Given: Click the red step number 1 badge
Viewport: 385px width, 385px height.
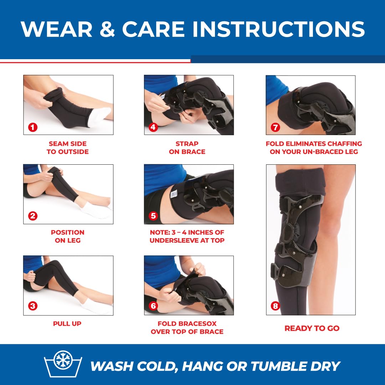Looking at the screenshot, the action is [33, 127].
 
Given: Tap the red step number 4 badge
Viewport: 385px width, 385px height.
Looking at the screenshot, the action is [153, 127].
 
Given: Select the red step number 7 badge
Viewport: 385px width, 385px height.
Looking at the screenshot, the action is [275, 127].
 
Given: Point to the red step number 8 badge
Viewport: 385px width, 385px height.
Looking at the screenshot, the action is [275, 306].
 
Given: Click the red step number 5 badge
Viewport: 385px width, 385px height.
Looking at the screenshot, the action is [153, 216].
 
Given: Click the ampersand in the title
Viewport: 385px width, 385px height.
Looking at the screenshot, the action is [107, 29].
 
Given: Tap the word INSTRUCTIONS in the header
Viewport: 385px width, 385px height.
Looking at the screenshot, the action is [279, 29].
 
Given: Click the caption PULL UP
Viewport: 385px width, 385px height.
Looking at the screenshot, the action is [67, 324].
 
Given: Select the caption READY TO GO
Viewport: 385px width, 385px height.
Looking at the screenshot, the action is [312, 328].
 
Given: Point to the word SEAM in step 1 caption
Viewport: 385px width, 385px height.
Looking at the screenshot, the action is [57, 144].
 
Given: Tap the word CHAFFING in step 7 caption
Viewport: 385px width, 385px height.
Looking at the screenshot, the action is [345, 144].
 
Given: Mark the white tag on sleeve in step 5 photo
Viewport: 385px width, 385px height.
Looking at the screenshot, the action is [174, 194].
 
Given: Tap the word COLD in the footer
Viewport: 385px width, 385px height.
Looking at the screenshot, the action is [157, 366].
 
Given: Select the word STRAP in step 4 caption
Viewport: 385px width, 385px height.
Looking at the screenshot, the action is [187, 144].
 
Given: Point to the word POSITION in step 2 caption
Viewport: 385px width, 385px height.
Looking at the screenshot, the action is [68, 232].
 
